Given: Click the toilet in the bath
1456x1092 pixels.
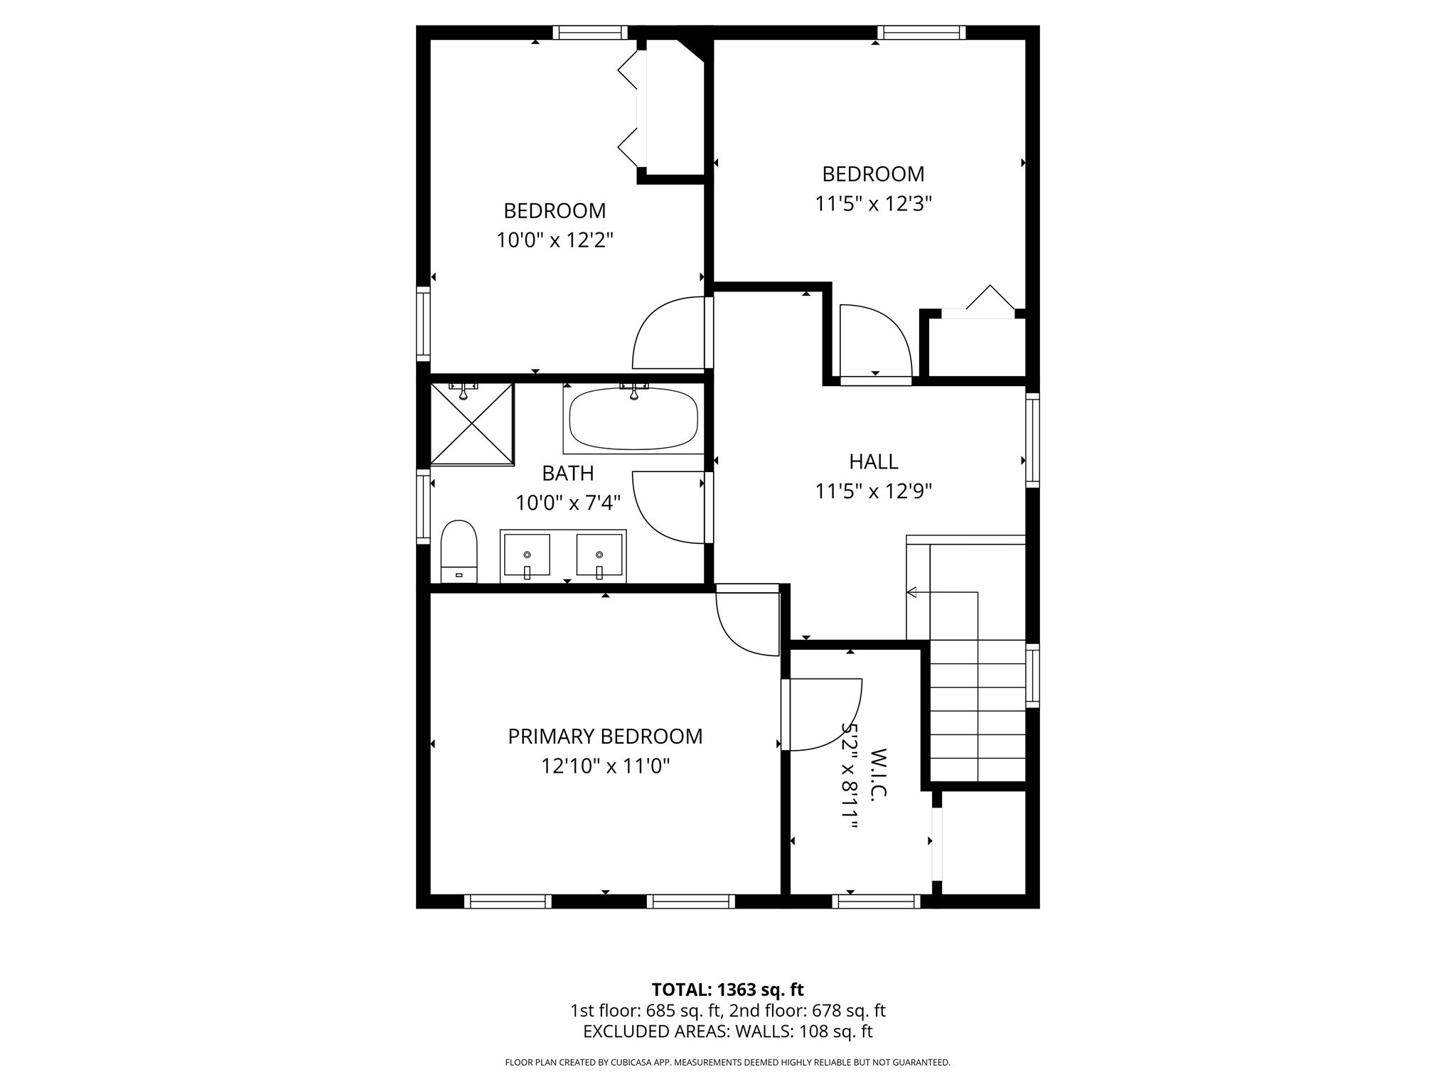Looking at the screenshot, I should (x=459, y=550).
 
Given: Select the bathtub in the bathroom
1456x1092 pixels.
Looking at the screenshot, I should (x=633, y=419).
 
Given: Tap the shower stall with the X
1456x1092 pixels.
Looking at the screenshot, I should (x=472, y=424).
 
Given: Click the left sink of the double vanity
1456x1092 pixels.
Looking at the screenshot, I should (x=527, y=555).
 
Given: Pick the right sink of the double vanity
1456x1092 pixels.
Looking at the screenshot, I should (x=599, y=555).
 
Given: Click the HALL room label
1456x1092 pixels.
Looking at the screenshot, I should (x=873, y=461).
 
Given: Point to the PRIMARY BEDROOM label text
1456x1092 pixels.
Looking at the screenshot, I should (x=605, y=737).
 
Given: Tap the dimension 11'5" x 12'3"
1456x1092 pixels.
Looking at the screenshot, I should (x=873, y=204).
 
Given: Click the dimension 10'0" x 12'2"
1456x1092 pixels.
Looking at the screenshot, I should (x=555, y=240).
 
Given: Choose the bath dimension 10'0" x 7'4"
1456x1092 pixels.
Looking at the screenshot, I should (x=568, y=503).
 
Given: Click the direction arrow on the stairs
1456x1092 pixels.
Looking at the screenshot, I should (x=912, y=592).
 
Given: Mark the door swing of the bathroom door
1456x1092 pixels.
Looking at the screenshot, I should (x=665, y=508).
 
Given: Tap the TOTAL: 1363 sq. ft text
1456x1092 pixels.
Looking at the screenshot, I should (x=727, y=990).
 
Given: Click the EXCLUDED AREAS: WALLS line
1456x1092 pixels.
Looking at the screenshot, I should (x=727, y=1032).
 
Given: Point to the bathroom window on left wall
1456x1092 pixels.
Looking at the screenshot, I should (x=423, y=506).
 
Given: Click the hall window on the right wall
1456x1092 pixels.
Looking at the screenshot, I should (x=1032, y=439).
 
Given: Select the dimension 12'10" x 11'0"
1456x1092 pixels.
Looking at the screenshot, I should (x=605, y=766).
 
